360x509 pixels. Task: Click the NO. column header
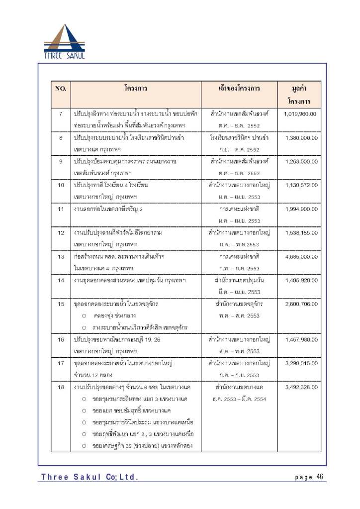(x=61, y=89)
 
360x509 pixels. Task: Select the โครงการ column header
(x=136, y=89)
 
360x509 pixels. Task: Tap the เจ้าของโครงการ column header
(x=239, y=89)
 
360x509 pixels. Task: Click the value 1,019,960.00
(x=300, y=114)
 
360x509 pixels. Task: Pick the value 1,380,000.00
(x=300, y=138)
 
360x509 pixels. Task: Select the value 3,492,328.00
(x=300, y=387)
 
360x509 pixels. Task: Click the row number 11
(x=61, y=209)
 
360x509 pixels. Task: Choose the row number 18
(x=61, y=387)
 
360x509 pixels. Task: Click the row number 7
(x=61, y=114)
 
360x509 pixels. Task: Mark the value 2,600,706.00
(x=300, y=304)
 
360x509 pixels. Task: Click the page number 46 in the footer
(x=319, y=477)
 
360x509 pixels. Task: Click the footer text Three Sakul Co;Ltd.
(x=90, y=477)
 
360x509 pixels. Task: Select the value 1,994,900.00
(x=300, y=209)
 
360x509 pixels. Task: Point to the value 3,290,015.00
(x=300, y=363)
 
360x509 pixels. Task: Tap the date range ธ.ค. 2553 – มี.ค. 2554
(x=239, y=399)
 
